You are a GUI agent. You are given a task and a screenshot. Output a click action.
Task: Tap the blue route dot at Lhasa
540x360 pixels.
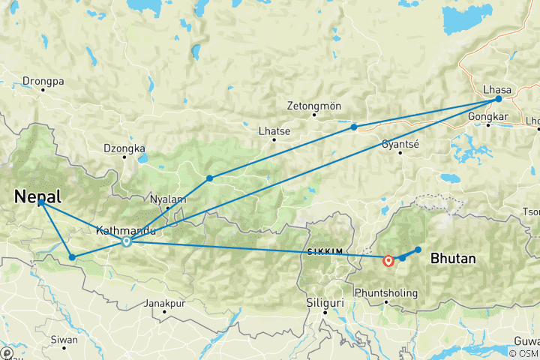(498, 99)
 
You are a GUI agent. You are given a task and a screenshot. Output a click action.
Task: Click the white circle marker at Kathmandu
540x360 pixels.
(127, 241)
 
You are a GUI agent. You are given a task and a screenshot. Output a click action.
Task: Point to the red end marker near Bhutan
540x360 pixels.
(388, 261)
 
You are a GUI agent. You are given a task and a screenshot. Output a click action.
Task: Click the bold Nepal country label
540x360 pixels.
(37, 197)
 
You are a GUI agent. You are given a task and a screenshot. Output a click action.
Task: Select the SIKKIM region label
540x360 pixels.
(324, 251)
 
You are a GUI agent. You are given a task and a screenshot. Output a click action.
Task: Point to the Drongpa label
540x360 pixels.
(43, 80)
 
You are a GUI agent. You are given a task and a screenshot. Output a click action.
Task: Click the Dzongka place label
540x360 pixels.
(124, 148)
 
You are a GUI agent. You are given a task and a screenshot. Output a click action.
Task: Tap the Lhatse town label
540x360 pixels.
(274, 130)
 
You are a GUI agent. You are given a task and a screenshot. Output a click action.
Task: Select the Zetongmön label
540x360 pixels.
(314, 106)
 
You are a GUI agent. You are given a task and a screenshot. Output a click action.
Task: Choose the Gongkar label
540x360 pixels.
(487, 117)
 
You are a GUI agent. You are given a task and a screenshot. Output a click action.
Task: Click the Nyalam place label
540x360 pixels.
(167, 199)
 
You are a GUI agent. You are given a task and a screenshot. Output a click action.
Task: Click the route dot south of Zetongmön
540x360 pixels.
(354, 127)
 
